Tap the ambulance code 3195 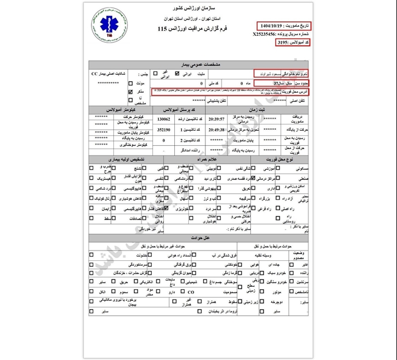click(284, 43)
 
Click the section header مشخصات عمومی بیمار click(199, 63)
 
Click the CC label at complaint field click(95, 74)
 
